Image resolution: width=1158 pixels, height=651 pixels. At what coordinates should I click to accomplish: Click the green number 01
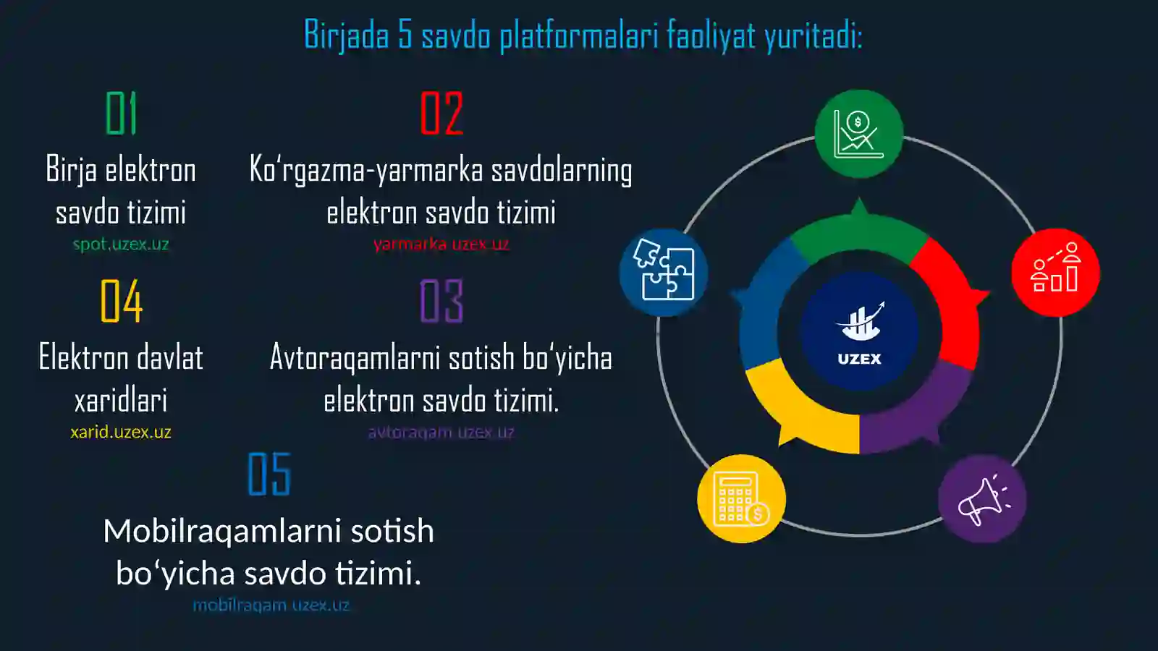(x=121, y=114)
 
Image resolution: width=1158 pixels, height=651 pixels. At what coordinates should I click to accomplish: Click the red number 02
(x=441, y=114)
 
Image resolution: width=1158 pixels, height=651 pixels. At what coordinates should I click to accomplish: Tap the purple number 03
(x=441, y=301)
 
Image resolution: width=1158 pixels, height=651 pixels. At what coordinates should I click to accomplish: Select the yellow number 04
(x=122, y=301)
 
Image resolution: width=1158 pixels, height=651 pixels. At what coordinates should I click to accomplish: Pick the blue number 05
(x=269, y=475)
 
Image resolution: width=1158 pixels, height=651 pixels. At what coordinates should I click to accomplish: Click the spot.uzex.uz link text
(x=121, y=244)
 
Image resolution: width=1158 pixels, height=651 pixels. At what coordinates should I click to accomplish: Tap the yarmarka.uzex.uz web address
(x=441, y=244)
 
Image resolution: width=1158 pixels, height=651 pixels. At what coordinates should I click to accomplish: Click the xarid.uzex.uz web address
(x=121, y=433)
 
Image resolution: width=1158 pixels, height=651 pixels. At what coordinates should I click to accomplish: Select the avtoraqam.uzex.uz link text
(x=441, y=433)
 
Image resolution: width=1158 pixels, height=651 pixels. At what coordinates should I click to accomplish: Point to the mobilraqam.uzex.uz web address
(x=271, y=605)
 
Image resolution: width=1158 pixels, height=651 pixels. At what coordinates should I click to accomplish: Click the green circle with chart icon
(x=859, y=134)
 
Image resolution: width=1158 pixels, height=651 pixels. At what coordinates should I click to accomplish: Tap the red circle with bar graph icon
(x=1055, y=273)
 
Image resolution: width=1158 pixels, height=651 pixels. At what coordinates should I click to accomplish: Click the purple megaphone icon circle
(x=982, y=499)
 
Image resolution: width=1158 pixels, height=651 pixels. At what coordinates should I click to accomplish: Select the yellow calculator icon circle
(x=741, y=499)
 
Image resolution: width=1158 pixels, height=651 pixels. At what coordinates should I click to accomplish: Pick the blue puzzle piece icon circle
(x=664, y=273)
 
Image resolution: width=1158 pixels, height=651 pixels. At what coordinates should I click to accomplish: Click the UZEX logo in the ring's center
(x=859, y=333)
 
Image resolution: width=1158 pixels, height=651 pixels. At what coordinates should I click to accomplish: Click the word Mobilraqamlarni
(x=222, y=531)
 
